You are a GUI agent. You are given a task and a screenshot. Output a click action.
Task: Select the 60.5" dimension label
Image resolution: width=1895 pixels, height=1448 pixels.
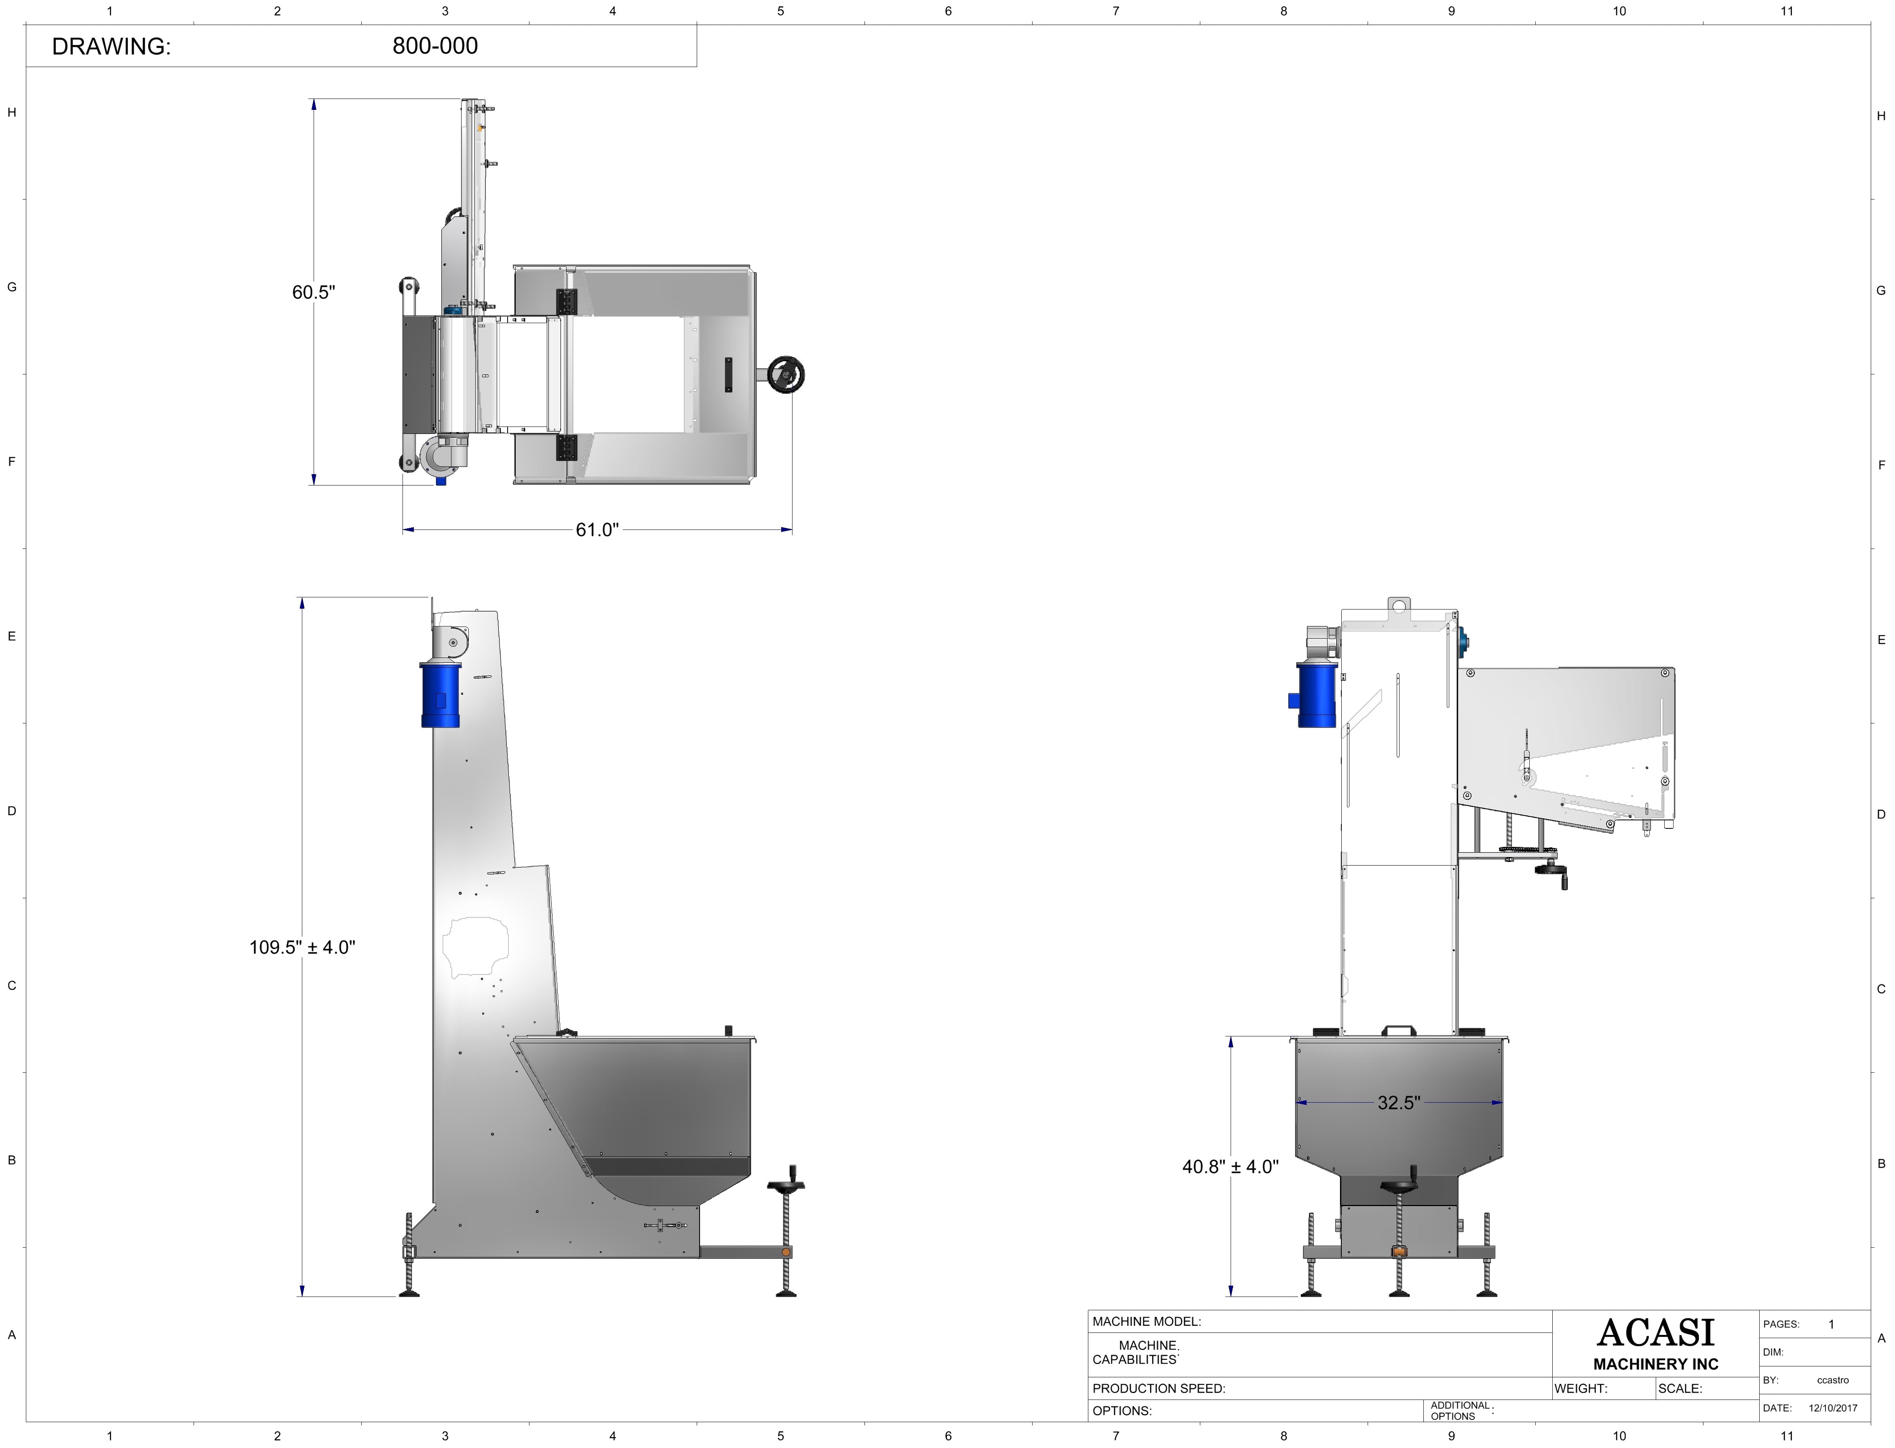(x=313, y=292)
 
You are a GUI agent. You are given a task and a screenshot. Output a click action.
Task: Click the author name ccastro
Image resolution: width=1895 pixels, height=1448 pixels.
(x=1833, y=1380)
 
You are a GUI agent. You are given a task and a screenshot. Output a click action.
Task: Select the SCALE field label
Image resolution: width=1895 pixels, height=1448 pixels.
(x=1680, y=1389)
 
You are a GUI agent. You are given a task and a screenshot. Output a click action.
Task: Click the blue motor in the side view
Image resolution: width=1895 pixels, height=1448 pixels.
(x=440, y=695)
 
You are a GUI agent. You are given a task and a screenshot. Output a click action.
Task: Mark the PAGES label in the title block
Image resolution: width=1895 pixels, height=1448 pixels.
(x=1781, y=1324)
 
